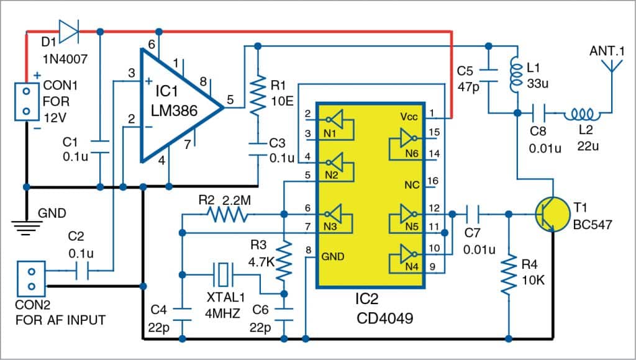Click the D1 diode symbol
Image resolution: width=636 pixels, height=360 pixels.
point(68,29)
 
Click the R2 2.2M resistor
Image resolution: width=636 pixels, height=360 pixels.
point(227,215)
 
